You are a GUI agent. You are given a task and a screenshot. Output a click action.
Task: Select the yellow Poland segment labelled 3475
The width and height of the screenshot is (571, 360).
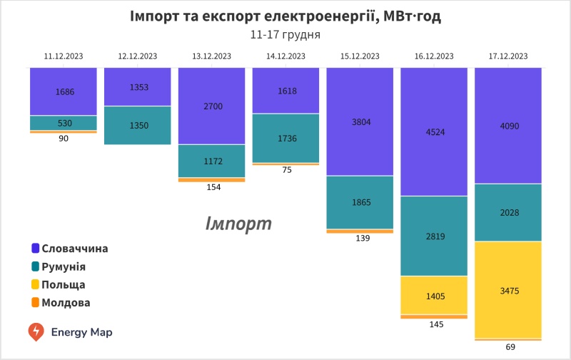(508, 289)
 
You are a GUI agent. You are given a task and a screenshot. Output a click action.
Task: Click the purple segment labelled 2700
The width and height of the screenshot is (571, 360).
(211, 106)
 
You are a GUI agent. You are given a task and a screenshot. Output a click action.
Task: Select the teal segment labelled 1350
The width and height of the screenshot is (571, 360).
(137, 125)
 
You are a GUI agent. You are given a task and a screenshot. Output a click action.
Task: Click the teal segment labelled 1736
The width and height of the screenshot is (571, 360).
(285, 138)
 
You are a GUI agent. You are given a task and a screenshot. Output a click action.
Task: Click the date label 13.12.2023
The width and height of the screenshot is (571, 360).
(211, 56)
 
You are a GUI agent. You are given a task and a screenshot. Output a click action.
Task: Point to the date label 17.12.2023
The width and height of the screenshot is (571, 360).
(508, 56)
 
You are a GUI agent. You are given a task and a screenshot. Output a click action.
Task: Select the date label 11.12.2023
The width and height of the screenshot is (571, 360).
(63, 56)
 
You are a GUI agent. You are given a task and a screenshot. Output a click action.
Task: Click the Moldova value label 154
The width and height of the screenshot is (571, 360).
(211, 187)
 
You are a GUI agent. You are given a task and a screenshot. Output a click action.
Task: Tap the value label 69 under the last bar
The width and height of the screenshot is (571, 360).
(508, 347)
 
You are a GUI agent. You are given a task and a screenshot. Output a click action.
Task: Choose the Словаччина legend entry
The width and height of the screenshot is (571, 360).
(74, 249)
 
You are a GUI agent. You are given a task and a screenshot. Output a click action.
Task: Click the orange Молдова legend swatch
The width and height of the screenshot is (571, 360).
(35, 302)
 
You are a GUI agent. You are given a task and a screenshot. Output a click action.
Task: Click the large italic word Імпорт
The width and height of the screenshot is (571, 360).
(238, 224)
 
